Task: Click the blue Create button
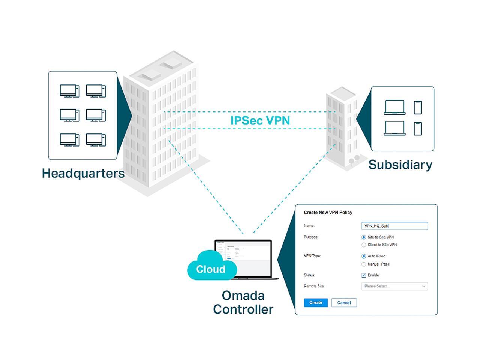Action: click(x=315, y=303)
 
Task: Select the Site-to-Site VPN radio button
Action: click(x=364, y=237)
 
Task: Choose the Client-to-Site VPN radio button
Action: click(x=364, y=245)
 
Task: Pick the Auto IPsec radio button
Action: click(x=364, y=256)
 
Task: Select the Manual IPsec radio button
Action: click(x=364, y=264)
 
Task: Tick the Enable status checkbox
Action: click(x=364, y=275)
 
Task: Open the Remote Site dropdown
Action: click(x=394, y=286)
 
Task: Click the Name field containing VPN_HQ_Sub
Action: click(x=394, y=226)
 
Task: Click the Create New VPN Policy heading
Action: click(x=328, y=213)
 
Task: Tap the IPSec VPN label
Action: click(x=260, y=120)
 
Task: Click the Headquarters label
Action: click(x=83, y=173)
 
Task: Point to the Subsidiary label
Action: click(x=400, y=165)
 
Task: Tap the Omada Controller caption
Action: click(x=243, y=302)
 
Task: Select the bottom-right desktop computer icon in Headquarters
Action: click(x=96, y=140)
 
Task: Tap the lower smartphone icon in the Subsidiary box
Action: click(x=418, y=129)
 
